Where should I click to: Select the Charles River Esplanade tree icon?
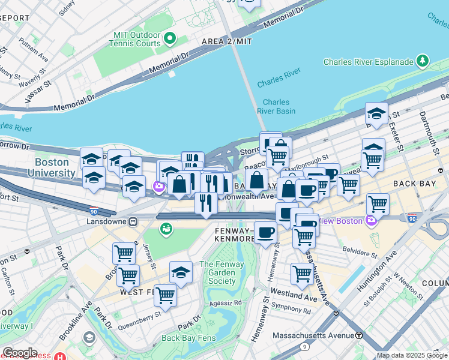coord(423,61)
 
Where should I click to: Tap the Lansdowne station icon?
coord(133,221)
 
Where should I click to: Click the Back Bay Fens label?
coord(188,338)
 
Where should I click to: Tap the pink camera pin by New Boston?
coord(370,221)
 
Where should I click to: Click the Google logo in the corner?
coord(20,353)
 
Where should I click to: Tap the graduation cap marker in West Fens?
coord(181,273)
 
